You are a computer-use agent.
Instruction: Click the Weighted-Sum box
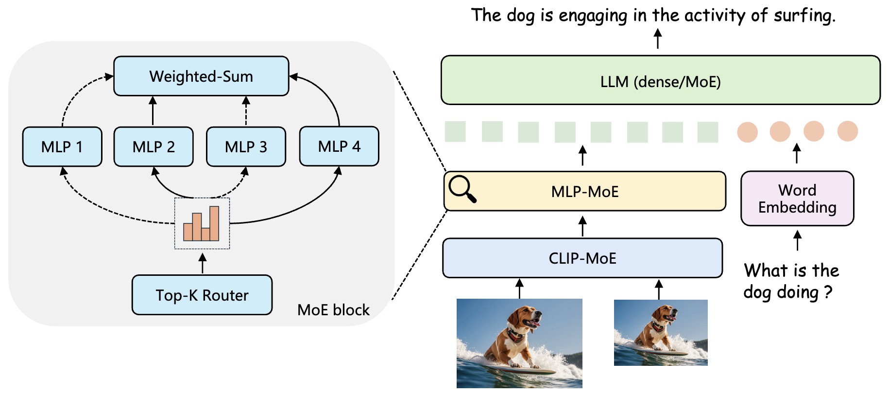click(201, 76)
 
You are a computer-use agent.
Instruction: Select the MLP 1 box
click(62, 146)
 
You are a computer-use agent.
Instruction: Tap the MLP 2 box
click(154, 146)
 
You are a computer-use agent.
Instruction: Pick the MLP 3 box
click(246, 146)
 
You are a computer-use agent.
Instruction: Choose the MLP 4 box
click(339, 146)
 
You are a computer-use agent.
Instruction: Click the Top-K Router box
click(202, 295)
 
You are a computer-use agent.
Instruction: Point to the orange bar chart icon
click(202, 224)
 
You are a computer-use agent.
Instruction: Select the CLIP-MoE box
click(582, 258)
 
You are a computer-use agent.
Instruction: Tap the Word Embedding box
click(797, 198)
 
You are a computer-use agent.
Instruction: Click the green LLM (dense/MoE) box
click(660, 80)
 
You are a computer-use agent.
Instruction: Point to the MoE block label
click(333, 310)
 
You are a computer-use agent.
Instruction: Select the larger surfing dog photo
click(519, 343)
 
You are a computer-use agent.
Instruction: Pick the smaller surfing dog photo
click(661, 332)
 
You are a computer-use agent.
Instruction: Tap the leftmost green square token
click(455, 132)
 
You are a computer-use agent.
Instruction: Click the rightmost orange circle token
click(848, 131)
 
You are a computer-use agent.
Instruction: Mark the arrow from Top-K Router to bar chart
click(203, 263)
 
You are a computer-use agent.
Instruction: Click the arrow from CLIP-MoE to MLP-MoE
click(583, 226)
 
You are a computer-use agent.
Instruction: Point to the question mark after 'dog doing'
click(828, 292)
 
